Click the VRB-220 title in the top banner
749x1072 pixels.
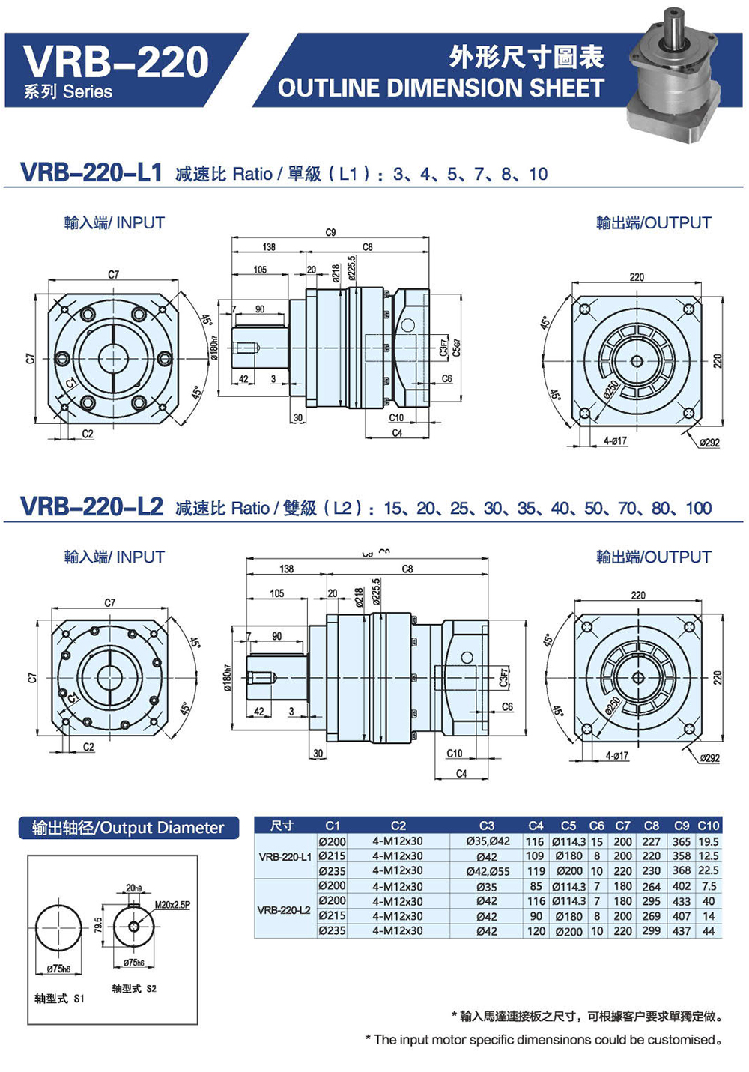pyautogui.click(x=116, y=61)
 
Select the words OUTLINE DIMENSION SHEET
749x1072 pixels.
pyautogui.click(x=440, y=88)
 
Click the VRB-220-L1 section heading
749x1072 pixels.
pyautogui.click(x=91, y=172)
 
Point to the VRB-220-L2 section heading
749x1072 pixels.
pyautogui.click(x=91, y=507)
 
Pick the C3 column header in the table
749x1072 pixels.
pyautogui.click(x=487, y=826)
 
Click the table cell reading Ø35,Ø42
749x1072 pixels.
pyautogui.click(x=487, y=841)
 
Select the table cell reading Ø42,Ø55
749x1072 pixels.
pyautogui.click(x=487, y=871)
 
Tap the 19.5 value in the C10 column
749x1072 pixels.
pyautogui.click(x=708, y=841)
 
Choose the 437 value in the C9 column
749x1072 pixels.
pyautogui.click(x=681, y=931)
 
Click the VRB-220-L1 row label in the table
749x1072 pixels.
pyautogui.click(x=285, y=856)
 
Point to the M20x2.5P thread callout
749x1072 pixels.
pyautogui.click(x=172, y=905)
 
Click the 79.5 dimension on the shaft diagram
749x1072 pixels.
pyautogui.click(x=98, y=925)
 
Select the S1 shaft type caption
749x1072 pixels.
pyautogui.click(x=59, y=999)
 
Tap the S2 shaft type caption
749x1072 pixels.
pyautogui.click(x=134, y=989)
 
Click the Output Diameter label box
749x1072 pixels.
pyautogui.click(x=128, y=828)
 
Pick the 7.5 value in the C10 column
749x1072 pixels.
pyautogui.click(x=709, y=886)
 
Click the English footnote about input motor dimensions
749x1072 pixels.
pyautogui.click(x=544, y=1040)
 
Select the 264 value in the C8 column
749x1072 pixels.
pyautogui.click(x=652, y=886)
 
